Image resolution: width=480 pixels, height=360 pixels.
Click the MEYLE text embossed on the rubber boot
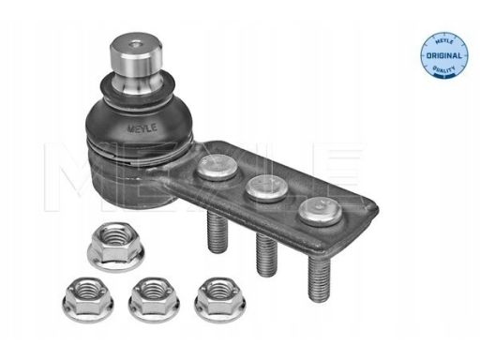[142, 128]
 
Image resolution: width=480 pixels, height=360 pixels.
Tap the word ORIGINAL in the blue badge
[444, 56]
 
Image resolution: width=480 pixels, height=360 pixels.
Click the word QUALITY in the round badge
[444, 68]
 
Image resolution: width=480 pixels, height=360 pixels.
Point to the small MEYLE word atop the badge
[444, 42]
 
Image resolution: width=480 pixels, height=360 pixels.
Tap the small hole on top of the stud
[135, 45]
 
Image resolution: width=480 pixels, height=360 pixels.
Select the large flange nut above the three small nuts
[115, 246]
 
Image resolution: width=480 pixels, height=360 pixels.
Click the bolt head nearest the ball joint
[217, 166]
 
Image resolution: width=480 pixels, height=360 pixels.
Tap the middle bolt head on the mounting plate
[266, 187]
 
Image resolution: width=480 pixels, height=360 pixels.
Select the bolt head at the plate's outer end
[320, 211]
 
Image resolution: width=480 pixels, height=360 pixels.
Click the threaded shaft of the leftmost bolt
[217, 232]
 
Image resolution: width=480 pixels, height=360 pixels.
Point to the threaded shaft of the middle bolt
[266, 254]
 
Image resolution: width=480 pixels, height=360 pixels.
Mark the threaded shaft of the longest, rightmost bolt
[319, 278]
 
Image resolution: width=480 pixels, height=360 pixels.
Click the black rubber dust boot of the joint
[139, 119]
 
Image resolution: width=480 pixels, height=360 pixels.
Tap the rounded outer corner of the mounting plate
[374, 209]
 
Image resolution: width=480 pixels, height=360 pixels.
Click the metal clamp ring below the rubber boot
[138, 150]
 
